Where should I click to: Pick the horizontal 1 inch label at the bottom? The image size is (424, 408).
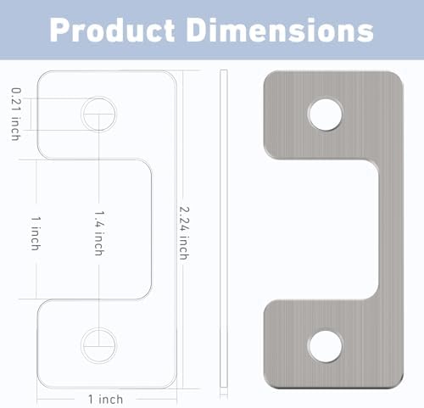coord(105,398)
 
